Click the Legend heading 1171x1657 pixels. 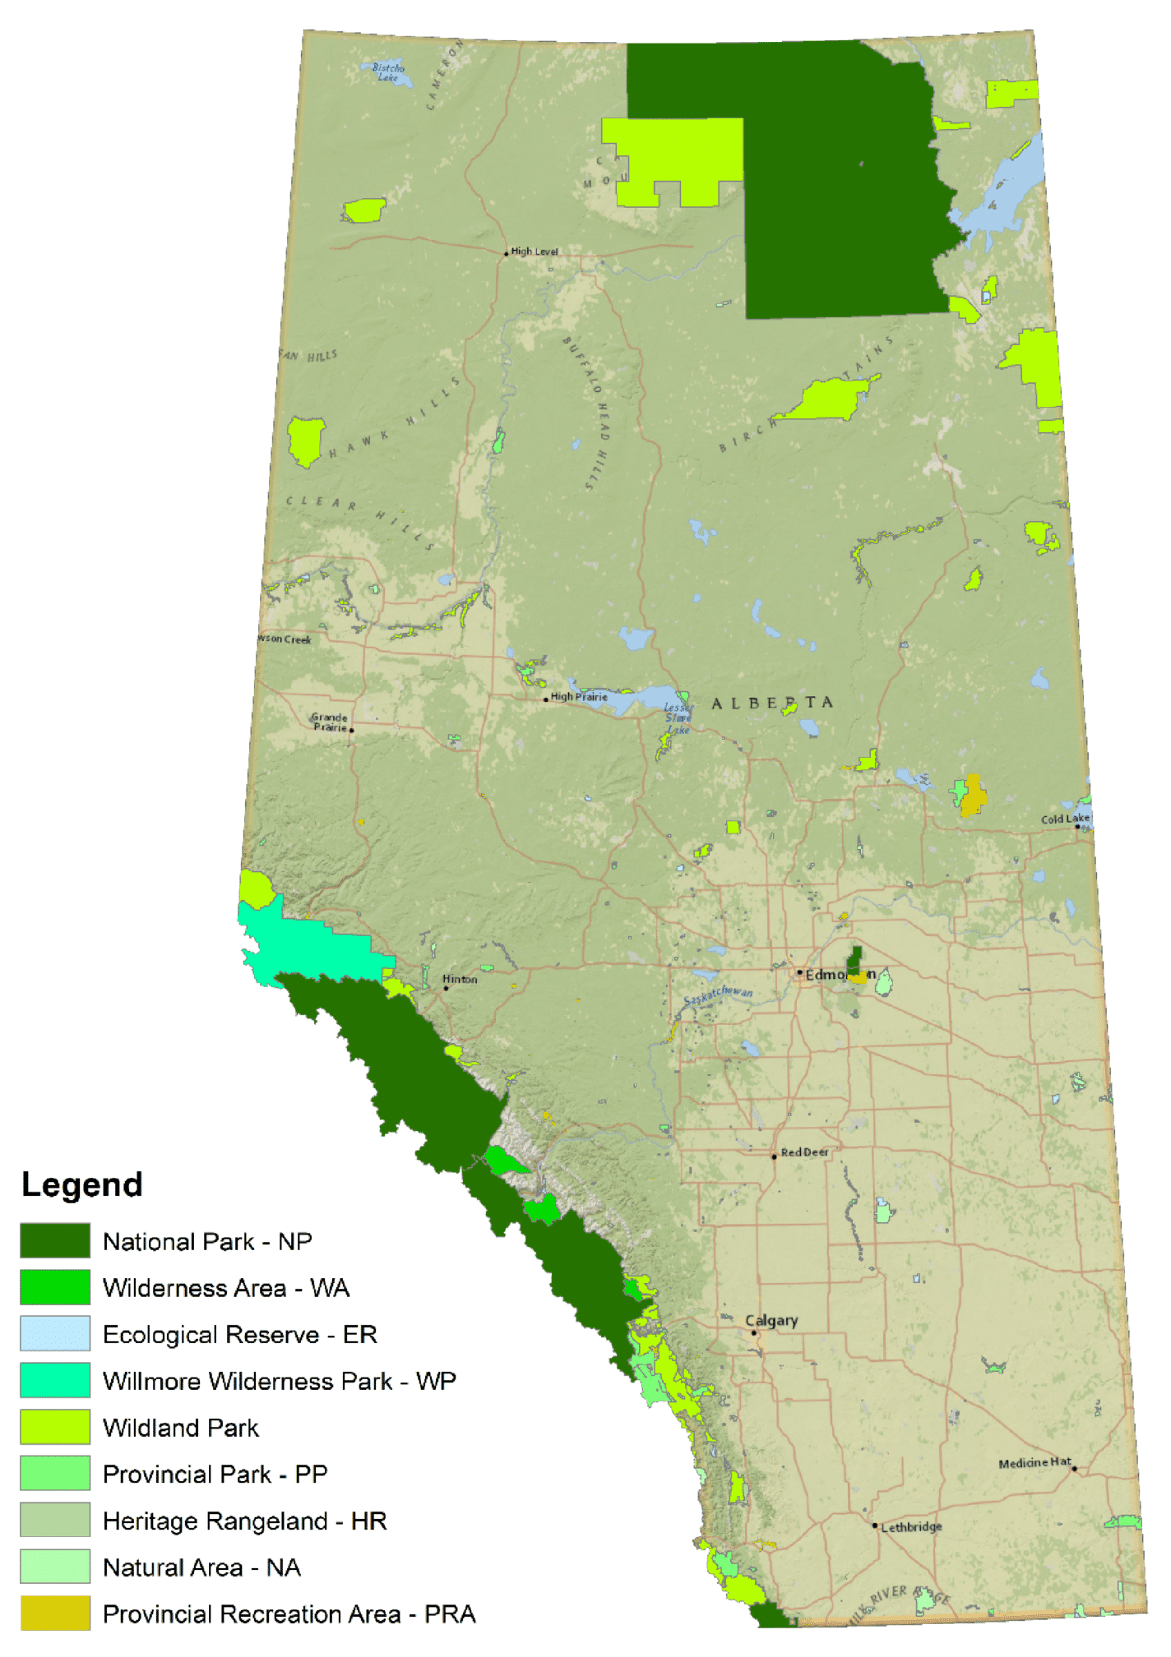(x=82, y=1184)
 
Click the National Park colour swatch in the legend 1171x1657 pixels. (x=55, y=1240)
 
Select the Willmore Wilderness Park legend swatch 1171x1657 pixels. (x=55, y=1380)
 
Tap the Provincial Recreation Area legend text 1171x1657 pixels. (x=289, y=1613)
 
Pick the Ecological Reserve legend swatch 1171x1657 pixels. (x=55, y=1333)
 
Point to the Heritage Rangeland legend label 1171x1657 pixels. (x=244, y=1521)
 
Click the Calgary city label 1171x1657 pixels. (x=771, y=1320)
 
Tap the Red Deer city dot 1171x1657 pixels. (x=774, y=1156)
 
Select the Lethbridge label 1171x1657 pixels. (x=911, y=1527)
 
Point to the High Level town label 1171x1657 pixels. (x=535, y=252)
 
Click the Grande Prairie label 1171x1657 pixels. (x=330, y=722)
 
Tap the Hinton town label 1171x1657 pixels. (x=460, y=979)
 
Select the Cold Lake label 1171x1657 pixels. (x=1065, y=819)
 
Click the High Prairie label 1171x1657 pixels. (x=579, y=697)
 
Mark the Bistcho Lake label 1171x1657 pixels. (x=388, y=72)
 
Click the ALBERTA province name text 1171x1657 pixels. (x=772, y=703)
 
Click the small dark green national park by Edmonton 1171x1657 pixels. (x=855, y=960)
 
